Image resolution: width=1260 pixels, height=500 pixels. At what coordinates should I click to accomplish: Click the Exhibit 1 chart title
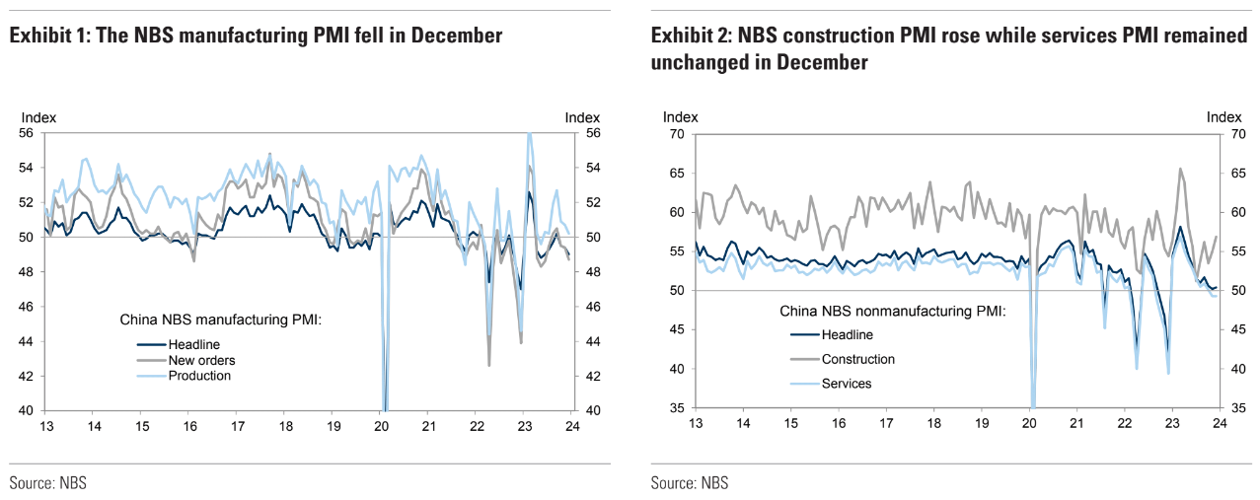click(x=256, y=36)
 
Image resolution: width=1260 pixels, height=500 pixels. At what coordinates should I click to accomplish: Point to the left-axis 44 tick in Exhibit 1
click(x=27, y=341)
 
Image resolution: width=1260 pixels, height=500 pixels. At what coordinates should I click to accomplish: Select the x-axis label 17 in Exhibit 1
click(x=238, y=426)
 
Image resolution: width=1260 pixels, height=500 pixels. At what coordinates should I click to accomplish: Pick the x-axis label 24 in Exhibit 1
click(x=572, y=426)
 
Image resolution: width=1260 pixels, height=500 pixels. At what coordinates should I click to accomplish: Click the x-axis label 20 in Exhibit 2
click(x=1029, y=423)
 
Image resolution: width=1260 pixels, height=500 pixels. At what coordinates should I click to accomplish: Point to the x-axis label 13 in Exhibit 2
click(x=695, y=423)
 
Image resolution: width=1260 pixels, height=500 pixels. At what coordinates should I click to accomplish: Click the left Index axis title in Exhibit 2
click(x=680, y=117)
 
